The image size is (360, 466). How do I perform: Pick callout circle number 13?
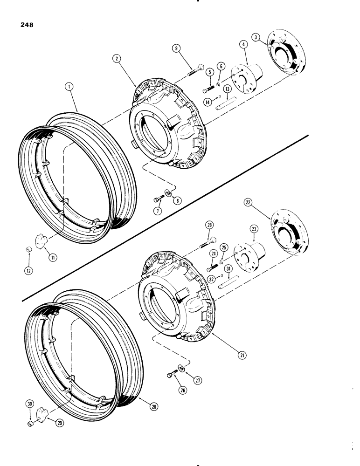(227, 89)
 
